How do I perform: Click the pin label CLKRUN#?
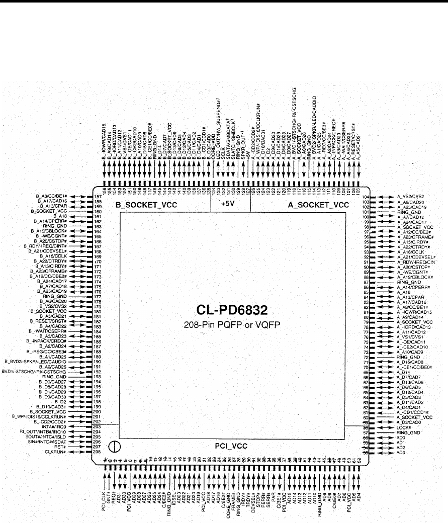[x=56, y=452]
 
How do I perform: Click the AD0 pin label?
[x=401, y=438]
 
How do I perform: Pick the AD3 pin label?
[x=401, y=452]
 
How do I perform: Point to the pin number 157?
[x=98, y=196]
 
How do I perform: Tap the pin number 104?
[x=366, y=196]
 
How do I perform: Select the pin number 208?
[x=98, y=452]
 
